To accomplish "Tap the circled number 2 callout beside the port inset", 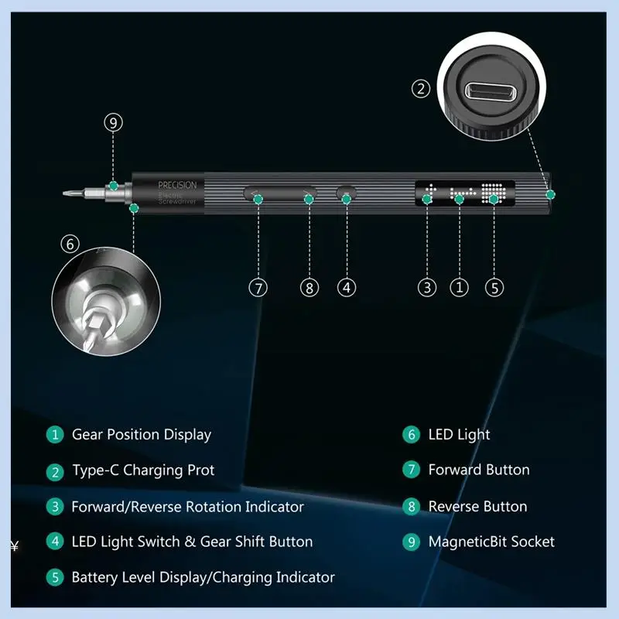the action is (x=420, y=89).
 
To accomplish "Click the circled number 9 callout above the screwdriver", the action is (x=114, y=123).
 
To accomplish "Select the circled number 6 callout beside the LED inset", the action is (x=70, y=244).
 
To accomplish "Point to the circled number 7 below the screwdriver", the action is (x=258, y=287).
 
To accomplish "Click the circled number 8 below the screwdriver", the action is (x=309, y=287).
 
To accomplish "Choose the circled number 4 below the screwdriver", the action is (x=347, y=287).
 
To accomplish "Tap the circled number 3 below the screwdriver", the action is (x=428, y=287).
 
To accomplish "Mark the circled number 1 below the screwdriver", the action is (x=460, y=287).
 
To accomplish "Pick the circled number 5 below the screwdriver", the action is (x=494, y=287).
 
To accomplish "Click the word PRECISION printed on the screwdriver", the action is (x=177, y=186).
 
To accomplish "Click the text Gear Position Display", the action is (x=142, y=435).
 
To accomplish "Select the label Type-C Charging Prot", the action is (x=143, y=470).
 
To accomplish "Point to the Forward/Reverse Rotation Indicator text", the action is (x=187, y=507).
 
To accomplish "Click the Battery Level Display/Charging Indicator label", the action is (x=203, y=577).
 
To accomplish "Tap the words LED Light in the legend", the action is (x=459, y=435).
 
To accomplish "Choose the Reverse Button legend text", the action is (x=477, y=507).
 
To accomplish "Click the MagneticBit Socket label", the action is (x=491, y=542).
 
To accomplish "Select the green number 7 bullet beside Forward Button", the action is (x=411, y=470).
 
